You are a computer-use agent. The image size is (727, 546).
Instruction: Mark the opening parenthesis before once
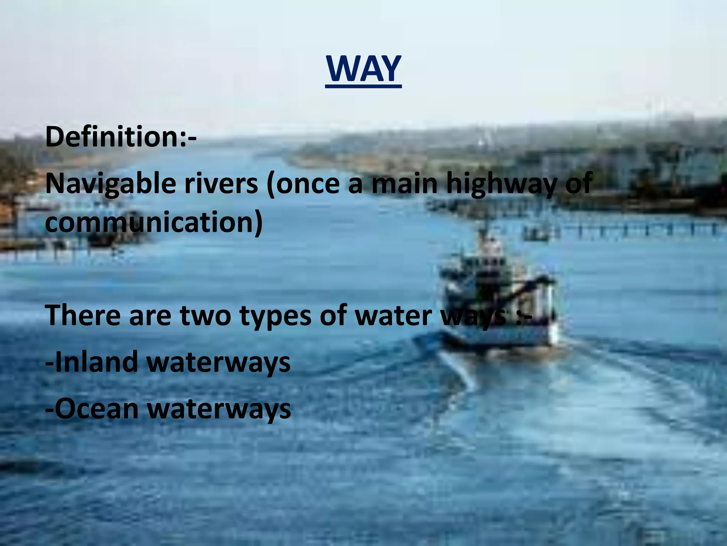[x=271, y=184]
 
